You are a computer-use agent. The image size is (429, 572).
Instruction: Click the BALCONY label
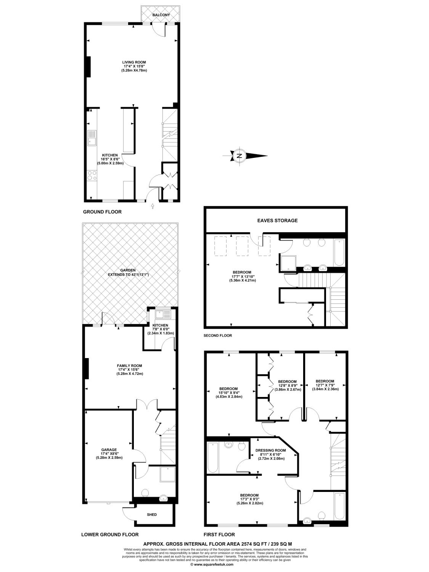pos(161,15)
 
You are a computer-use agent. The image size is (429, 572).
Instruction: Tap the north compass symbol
pos(245,156)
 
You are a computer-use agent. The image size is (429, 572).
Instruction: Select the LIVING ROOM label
pos(134,62)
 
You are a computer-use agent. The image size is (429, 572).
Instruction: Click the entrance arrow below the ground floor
pos(153,206)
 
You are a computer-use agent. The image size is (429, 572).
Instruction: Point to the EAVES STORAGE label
pos(277,220)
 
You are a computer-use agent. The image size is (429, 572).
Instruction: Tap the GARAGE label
pos(109,450)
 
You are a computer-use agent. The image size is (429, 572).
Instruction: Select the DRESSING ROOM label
pos(271,450)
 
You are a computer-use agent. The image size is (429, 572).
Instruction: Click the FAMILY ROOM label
pos(129,366)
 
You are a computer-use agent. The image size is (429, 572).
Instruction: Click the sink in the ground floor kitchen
pos(92,138)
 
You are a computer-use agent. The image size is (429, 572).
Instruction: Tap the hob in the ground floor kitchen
pos(92,175)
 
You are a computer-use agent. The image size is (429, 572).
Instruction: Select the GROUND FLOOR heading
pos(102,212)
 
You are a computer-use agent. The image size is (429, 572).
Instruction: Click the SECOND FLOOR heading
pos(218,335)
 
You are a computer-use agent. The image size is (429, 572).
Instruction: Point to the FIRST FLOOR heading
pos(219,535)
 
